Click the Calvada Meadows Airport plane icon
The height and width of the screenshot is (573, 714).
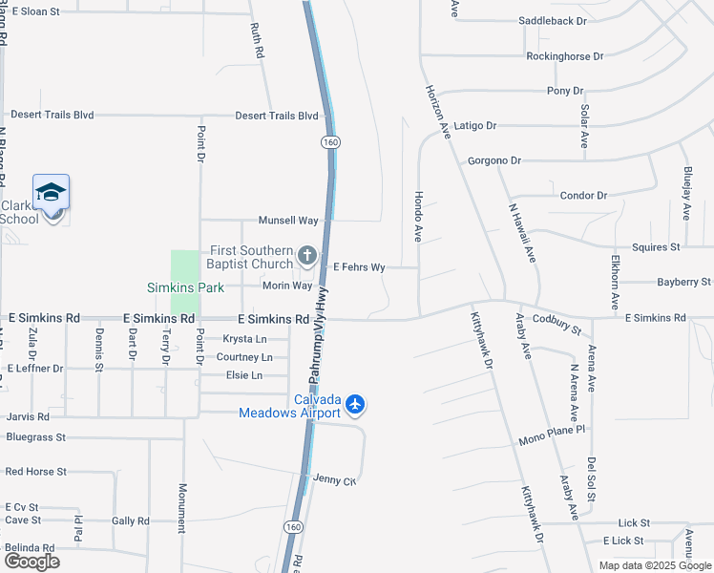pos(355,405)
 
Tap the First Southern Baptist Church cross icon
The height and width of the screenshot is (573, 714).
pos(306,255)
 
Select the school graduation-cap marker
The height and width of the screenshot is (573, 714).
pos(51,194)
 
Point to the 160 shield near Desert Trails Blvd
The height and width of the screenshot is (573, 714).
pos(330,141)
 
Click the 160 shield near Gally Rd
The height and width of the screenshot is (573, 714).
pos(292,526)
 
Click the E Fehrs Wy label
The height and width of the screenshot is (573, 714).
pos(358,268)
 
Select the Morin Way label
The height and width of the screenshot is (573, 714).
pos(288,286)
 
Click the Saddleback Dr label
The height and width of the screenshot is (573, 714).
pos(556,20)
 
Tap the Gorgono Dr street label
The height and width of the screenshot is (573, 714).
pos(493,161)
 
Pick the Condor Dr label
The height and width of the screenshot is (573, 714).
pos(583,196)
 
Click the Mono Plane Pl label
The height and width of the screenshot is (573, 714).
pos(552,439)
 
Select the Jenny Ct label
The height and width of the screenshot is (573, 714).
pos(334,479)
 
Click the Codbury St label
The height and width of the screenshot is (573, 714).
pos(556,324)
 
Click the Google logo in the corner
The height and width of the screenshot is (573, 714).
pos(31,562)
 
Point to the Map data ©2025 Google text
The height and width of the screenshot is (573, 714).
pos(655,565)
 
